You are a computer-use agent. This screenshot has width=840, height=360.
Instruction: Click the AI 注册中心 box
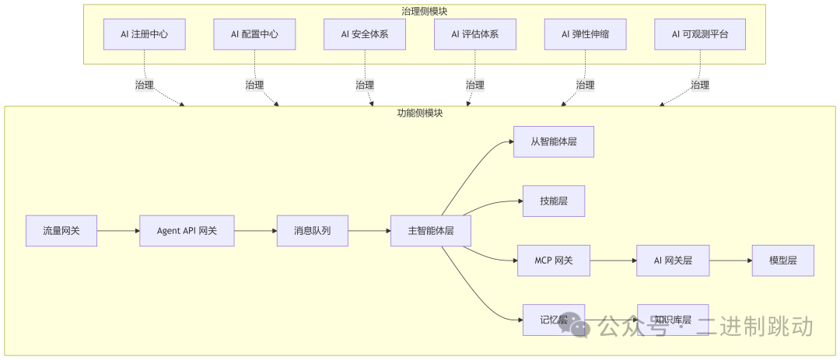click(144, 34)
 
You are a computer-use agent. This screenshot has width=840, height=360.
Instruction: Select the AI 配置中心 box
click(254, 34)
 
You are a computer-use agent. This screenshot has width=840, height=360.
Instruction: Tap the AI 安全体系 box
click(365, 34)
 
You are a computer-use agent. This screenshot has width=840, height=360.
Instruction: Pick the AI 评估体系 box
click(475, 34)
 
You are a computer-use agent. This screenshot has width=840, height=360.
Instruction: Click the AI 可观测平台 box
click(701, 34)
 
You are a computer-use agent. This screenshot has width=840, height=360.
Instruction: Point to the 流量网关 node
click(61, 230)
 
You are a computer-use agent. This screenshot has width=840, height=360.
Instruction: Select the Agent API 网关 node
click(187, 230)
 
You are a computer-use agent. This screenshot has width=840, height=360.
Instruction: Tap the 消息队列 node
click(312, 230)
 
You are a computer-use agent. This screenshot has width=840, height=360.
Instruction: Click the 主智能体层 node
click(430, 230)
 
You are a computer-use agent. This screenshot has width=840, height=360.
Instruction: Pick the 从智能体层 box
click(553, 142)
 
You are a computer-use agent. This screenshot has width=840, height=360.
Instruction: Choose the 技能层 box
click(553, 201)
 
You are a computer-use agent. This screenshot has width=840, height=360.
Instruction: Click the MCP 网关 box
click(554, 260)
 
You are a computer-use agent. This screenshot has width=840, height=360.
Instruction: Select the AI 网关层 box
click(673, 260)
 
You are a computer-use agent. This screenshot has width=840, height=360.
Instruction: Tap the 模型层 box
click(782, 260)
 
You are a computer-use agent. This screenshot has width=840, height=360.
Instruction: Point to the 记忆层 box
click(553, 320)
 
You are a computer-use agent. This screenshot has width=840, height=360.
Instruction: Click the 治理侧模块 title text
click(425, 11)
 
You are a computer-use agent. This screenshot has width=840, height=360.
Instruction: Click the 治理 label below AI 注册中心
click(144, 85)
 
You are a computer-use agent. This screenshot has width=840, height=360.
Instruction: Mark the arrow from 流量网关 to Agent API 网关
click(118, 230)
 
